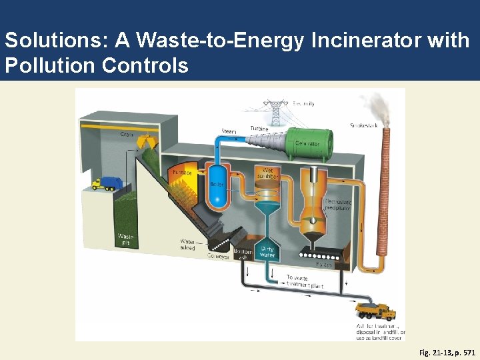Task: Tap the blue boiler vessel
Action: (217, 184)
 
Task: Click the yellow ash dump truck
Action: (376, 311)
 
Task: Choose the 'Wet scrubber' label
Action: (267, 174)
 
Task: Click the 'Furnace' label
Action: (182, 173)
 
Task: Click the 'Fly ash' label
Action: (323, 265)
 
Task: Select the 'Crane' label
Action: (126, 135)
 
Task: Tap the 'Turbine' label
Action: (259, 128)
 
